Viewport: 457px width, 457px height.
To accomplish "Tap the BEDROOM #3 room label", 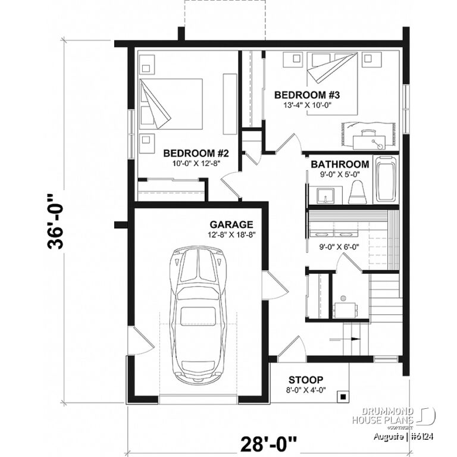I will tap(306, 95).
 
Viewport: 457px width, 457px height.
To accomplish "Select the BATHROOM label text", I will tap(340, 164).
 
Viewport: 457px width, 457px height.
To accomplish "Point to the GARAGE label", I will tap(231, 224).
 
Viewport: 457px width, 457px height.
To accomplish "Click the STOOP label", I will tap(306, 380).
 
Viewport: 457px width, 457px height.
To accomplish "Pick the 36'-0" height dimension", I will tap(57, 221).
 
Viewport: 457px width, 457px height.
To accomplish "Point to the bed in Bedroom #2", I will tap(172, 104).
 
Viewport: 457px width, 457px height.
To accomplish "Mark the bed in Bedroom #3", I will tap(333, 83).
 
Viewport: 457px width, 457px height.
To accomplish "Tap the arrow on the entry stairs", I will tap(354, 339).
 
